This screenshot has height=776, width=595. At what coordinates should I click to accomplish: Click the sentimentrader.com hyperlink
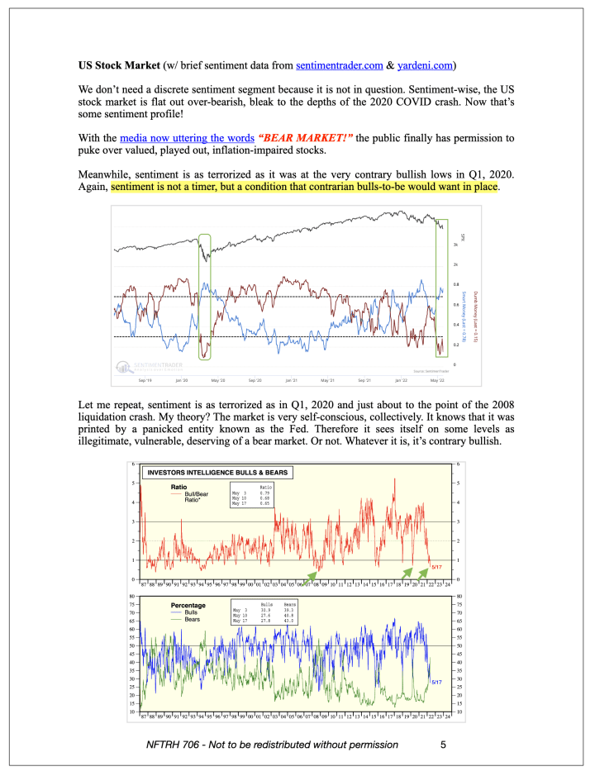tap(338, 64)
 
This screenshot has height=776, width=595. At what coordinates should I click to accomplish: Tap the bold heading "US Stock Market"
tap(119, 64)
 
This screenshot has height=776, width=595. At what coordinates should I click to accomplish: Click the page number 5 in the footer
tap(444, 745)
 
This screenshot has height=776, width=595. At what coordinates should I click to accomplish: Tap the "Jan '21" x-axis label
tap(290, 380)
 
